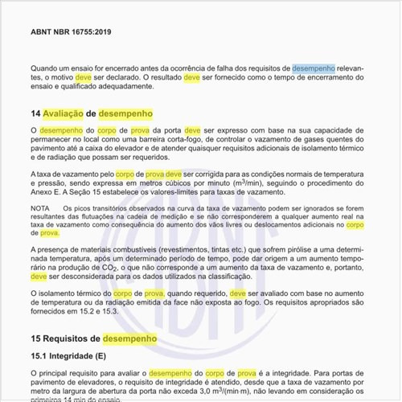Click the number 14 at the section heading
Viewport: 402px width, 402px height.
35,114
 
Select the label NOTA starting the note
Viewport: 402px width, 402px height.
39,208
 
